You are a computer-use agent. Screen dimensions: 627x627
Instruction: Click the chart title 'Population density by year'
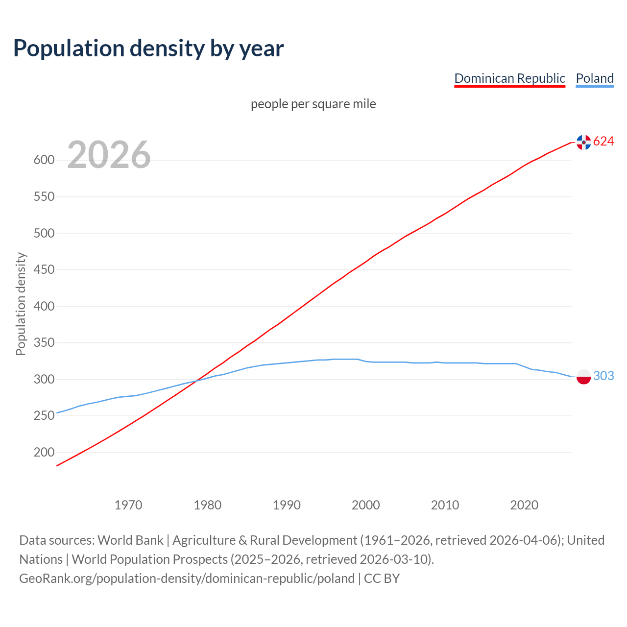(x=148, y=48)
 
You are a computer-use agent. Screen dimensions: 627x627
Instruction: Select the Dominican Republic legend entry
(x=509, y=78)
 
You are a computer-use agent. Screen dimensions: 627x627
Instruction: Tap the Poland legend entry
(x=595, y=78)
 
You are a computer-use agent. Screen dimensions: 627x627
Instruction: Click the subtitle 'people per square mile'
(x=313, y=104)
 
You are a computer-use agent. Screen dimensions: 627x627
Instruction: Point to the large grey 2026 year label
(x=109, y=155)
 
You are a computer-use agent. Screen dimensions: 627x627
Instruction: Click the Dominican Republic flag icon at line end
(x=583, y=142)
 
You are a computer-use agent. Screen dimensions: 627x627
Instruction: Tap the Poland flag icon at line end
(x=583, y=377)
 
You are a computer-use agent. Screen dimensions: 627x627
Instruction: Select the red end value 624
(x=603, y=142)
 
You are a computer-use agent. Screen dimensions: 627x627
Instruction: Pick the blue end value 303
(x=603, y=376)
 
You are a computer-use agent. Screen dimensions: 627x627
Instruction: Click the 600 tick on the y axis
(x=44, y=160)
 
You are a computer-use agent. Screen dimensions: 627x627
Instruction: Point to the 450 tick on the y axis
(x=44, y=270)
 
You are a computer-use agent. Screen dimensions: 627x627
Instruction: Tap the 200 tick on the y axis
(x=44, y=453)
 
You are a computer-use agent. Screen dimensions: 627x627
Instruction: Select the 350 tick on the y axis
(x=44, y=343)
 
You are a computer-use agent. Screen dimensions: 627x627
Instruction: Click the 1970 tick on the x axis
(x=128, y=505)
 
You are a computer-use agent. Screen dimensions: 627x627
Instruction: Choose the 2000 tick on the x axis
(x=366, y=505)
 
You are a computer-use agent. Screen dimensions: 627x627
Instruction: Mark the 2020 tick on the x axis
(x=524, y=505)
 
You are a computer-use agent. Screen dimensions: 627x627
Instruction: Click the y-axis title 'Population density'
(x=21, y=304)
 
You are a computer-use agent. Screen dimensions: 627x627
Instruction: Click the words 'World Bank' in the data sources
(x=130, y=540)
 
